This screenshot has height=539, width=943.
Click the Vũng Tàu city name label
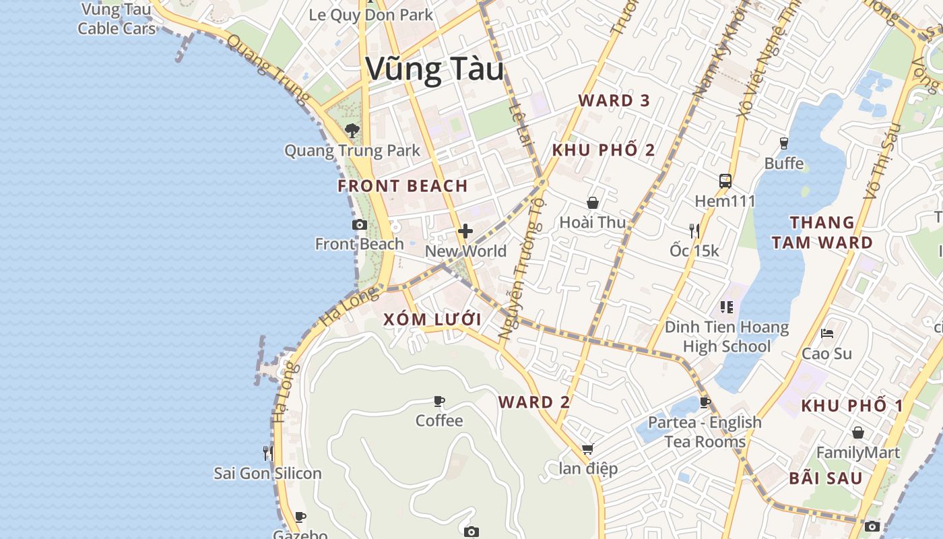434,69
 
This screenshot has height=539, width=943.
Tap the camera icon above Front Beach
360,225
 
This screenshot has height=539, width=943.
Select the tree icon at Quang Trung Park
351,131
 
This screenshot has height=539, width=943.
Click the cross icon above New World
465,232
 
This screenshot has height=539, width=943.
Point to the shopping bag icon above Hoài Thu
593,203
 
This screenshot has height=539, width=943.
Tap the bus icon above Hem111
725,181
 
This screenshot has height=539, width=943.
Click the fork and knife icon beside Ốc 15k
694,231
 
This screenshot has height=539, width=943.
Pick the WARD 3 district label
614,101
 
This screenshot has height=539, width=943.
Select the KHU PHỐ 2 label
604,150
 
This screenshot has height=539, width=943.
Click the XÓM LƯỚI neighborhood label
432,320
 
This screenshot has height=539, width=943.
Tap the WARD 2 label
534,403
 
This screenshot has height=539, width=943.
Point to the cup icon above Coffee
439,402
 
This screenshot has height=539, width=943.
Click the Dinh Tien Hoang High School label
727,337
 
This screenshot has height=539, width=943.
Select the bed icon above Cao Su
827,334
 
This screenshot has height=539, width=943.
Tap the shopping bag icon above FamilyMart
858,433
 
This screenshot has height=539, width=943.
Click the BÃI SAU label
826,479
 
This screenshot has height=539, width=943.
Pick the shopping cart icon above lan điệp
587,449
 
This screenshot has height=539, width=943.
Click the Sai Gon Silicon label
268,474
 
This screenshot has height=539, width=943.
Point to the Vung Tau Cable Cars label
117,19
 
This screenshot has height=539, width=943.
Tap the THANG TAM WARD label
822,232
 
